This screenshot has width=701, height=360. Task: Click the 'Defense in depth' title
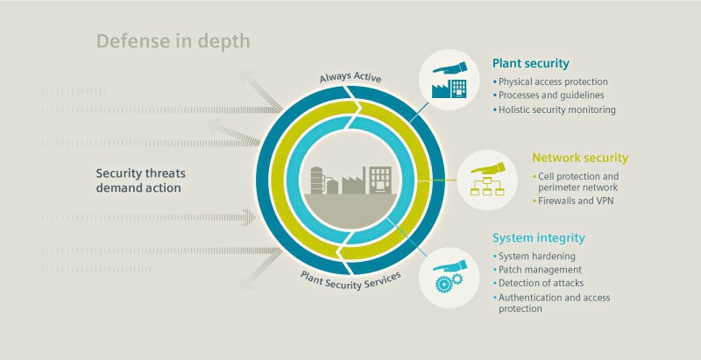173,41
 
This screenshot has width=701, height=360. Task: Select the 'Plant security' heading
531,63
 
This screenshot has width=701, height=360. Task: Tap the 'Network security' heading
580,158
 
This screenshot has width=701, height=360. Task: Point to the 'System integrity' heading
538,237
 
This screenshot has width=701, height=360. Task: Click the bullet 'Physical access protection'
553,81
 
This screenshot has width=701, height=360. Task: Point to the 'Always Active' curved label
350,77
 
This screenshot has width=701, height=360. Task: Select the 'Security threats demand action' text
141,180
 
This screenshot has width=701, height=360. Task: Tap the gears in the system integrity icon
448,282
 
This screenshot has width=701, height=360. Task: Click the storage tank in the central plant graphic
317,180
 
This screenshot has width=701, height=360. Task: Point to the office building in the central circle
380,180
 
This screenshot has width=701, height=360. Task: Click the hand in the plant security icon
450,68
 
